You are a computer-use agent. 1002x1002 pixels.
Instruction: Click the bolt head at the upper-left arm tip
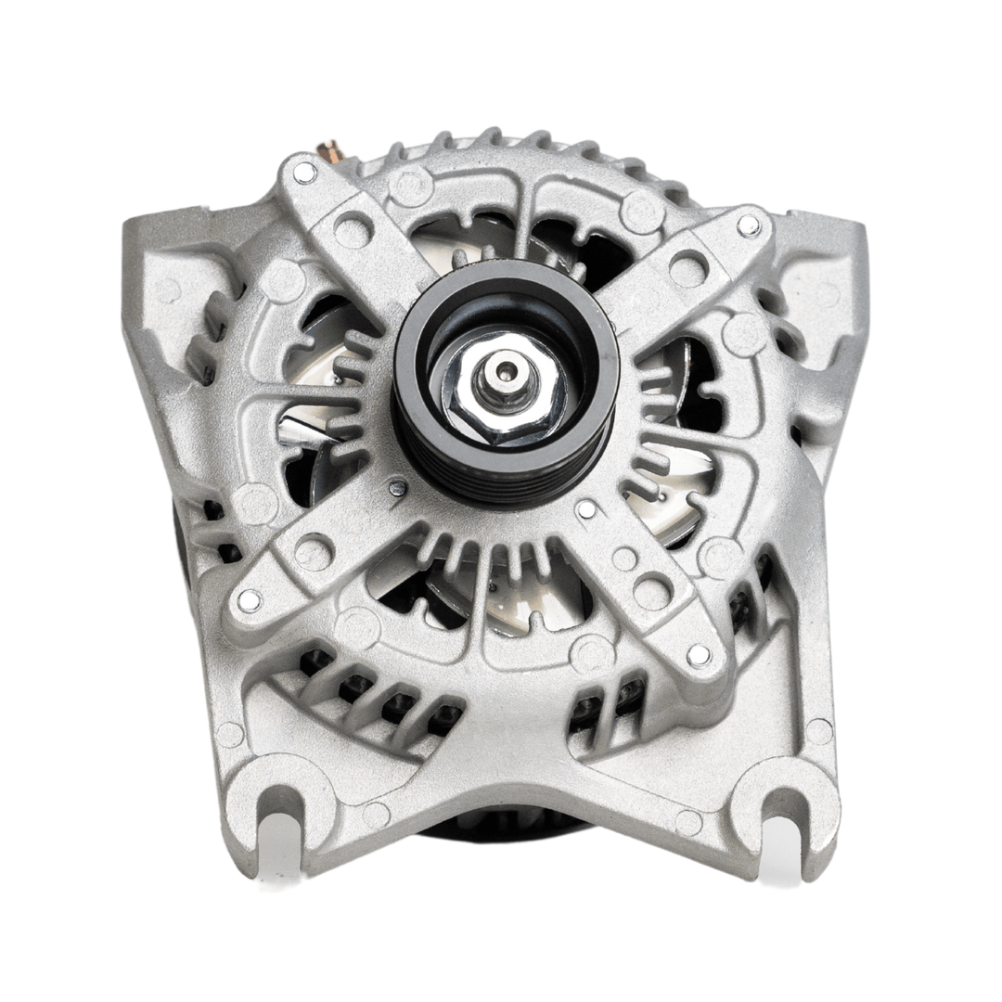[304, 172]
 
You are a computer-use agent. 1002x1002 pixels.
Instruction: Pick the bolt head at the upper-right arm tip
[749, 225]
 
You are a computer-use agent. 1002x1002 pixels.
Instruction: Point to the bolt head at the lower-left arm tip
[249, 600]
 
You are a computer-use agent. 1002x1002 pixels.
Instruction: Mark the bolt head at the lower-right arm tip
[699, 655]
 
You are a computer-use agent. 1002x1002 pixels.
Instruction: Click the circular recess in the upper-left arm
[353, 229]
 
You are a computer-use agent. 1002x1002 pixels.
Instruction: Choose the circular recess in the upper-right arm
[687, 269]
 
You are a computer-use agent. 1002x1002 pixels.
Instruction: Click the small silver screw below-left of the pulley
[397, 487]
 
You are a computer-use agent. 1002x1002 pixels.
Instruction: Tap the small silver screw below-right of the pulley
[586, 509]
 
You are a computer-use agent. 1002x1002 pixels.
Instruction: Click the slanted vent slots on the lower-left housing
[371, 691]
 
